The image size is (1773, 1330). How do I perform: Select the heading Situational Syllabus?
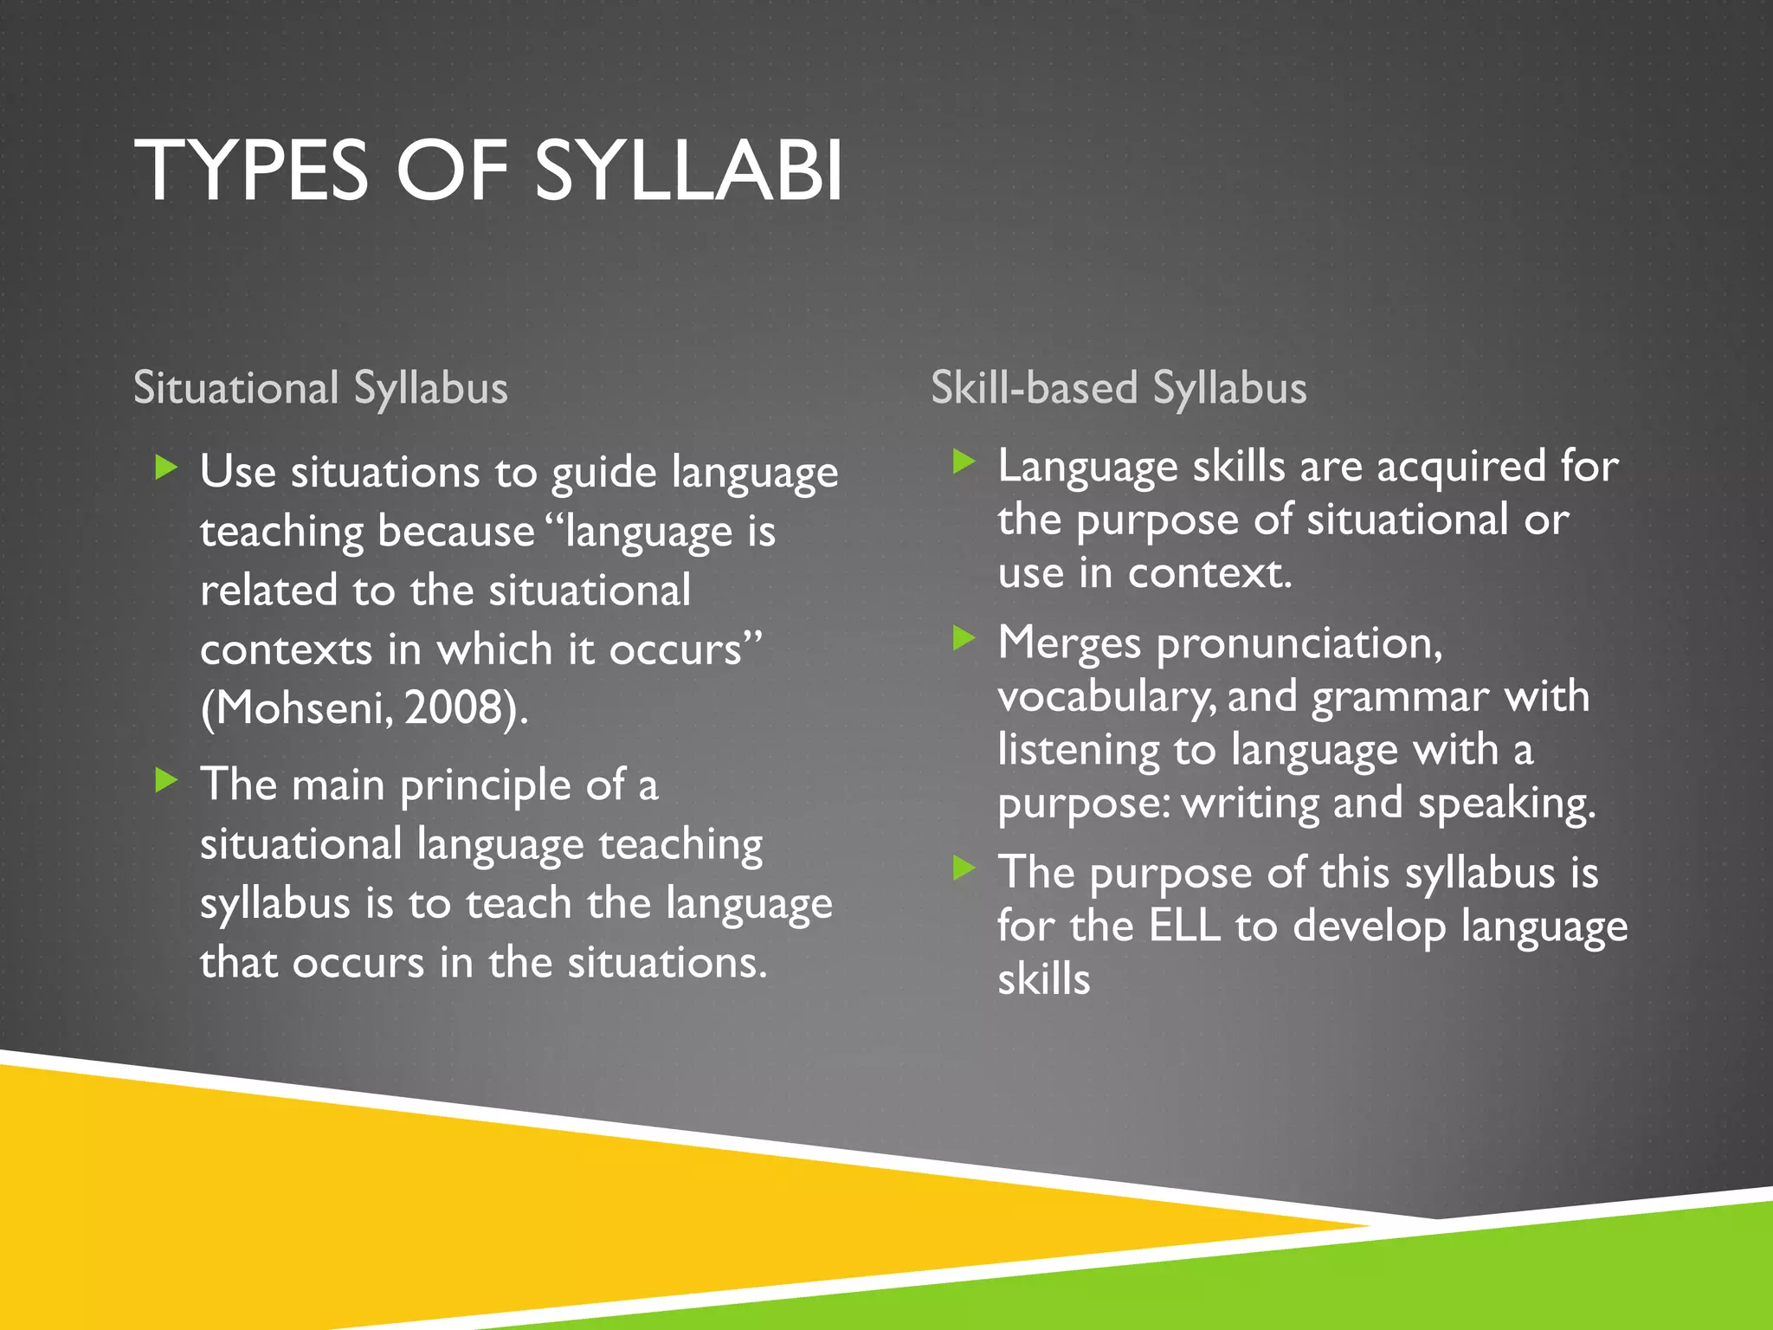pos(320,387)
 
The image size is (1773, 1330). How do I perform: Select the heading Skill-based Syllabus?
pos(1119,387)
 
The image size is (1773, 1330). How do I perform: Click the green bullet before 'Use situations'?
pos(165,468)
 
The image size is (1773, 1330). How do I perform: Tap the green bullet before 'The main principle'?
pos(165,781)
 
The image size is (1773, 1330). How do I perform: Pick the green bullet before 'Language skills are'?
pos(964,462)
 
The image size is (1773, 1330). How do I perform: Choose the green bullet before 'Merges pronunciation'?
pos(964,639)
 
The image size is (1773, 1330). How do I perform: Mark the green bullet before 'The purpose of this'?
pos(964,868)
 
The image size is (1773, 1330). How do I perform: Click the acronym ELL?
pos(1184,926)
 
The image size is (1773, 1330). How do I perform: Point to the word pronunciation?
pos(1299,644)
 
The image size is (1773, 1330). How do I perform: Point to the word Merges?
pos(1069,644)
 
